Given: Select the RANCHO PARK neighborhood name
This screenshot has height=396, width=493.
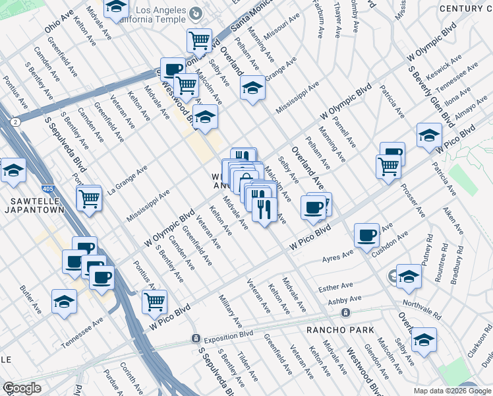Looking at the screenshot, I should (x=340, y=329).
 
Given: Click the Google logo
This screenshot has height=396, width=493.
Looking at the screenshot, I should (x=22, y=388).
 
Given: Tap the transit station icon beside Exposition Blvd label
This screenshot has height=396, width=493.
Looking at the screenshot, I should (x=196, y=338).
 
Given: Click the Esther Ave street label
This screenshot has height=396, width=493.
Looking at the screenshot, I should (x=336, y=288).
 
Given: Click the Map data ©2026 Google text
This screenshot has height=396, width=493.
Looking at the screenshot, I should (x=451, y=391).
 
